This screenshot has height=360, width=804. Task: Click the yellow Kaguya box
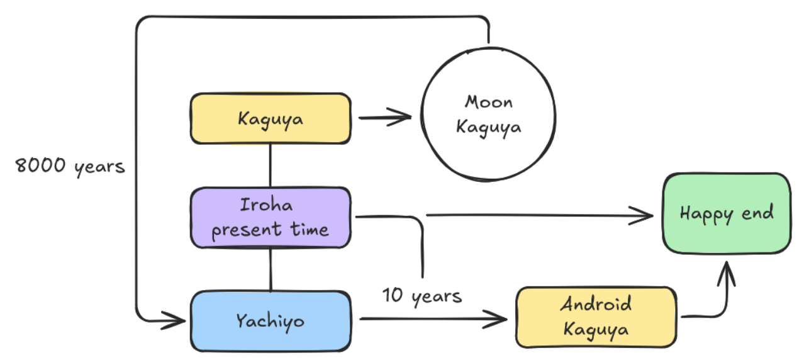pyautogui.click(x=271, y=118)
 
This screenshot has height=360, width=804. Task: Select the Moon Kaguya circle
pyautogui.click(x=488, y=115)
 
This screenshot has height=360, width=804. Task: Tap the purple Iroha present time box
pyautogui.click(x=271, y=217)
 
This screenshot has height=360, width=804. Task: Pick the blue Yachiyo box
pyautogui.click(x=271, y=321)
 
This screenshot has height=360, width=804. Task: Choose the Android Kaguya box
pyautogui.click(x=596, y=317)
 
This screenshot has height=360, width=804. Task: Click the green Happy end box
pyautogui.click(x=727, y=213)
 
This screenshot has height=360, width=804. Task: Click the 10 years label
pyautogui.click(x=422, y=295)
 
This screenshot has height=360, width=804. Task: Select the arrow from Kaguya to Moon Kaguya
pyautogui.click(x=384, y=116)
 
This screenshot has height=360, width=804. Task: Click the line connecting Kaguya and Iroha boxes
pyautogui.click(x=271, y=165)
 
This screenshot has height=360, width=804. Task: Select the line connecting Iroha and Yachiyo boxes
pyautogui.click(x=271, y=269)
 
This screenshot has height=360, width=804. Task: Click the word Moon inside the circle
pyautogui.click(x=489, y=101)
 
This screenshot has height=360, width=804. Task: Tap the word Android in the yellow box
pyautogui.click(x=596, y=305)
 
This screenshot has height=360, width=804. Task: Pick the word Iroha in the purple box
pyautogui.click(x=266, y=205)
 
